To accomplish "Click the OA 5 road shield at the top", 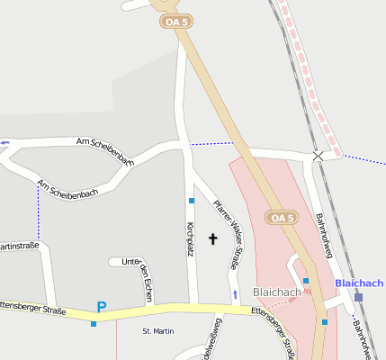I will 177,21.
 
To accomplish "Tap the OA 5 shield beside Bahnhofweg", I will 282,218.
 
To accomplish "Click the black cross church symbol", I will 213,238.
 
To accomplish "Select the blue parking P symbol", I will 102,307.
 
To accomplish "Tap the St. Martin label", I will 158,331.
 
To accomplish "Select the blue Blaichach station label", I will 359,283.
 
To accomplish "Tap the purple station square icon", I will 358,297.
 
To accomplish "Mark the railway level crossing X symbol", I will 318,156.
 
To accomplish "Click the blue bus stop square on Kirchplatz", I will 192,200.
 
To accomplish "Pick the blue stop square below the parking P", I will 94,323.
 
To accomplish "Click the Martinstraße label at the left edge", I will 18,246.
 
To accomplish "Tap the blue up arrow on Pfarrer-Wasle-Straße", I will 236,294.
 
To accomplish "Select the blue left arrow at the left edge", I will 4,142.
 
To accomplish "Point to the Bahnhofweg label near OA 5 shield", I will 324,236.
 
